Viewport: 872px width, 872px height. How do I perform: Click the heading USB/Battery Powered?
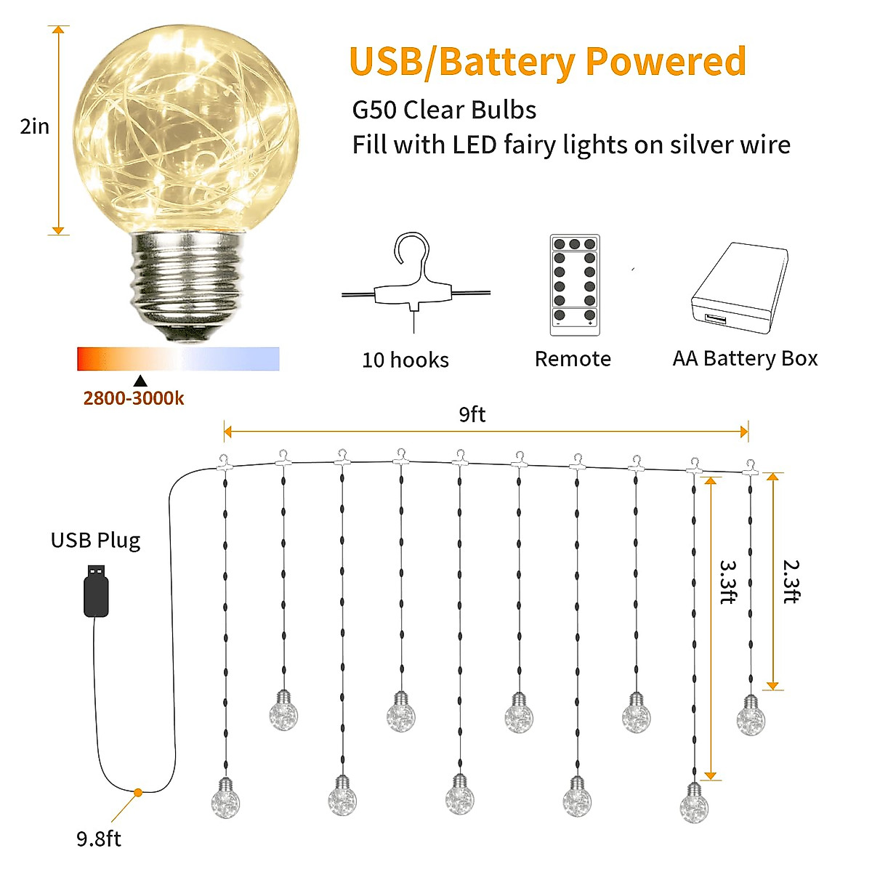[548, 62]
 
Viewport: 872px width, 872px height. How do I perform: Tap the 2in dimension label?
[35, 126]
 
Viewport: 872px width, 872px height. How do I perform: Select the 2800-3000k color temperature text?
[134, 398]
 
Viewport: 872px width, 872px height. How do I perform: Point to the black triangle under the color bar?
[140, 381]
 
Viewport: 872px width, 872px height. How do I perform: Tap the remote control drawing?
[575, 285]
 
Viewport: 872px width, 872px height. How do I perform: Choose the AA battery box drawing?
[740, 288]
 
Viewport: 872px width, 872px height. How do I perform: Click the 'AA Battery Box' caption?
[745, 358]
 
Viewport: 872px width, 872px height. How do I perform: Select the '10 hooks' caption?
[405, 360]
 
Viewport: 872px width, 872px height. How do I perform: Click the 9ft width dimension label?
[472, 414]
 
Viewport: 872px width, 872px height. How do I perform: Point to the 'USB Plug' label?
[95, 540]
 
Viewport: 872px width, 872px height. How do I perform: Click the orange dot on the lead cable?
[137, 791]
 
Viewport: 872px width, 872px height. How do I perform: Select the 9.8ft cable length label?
[99, 839]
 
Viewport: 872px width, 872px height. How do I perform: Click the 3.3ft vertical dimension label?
[727, 581]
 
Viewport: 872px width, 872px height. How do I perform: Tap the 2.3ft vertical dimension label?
[791, 581]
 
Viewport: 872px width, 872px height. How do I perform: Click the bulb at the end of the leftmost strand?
[225, 799]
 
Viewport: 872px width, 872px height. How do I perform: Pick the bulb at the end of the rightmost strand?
[751, 716]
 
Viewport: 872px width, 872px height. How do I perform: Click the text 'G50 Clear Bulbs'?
[444, 110]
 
